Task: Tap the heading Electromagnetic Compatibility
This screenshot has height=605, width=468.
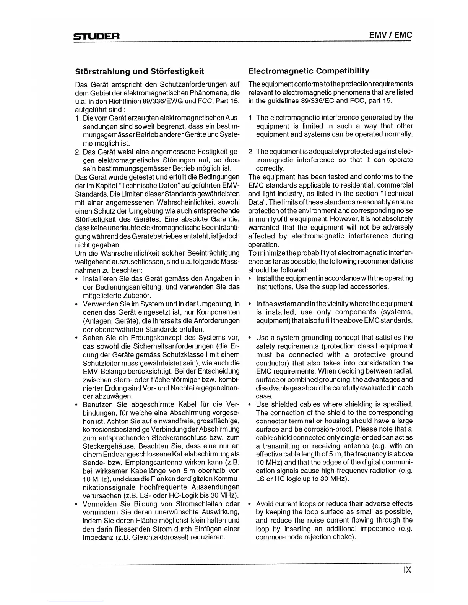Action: (309, 71)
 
